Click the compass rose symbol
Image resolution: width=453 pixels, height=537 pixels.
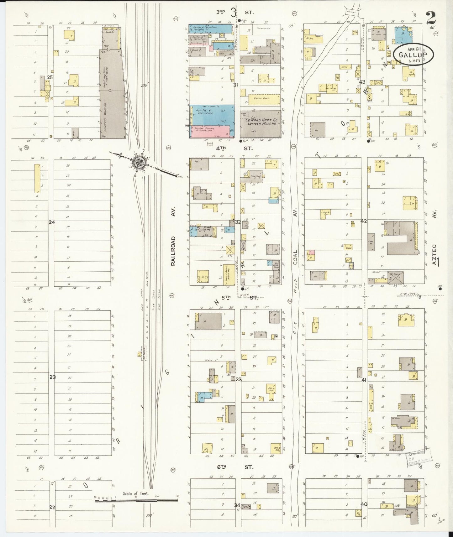(x=139, y=162)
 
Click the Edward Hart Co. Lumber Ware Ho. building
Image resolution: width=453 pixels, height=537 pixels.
(x=260, y=124)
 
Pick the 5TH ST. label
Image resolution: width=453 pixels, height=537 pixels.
(x=239, y=298)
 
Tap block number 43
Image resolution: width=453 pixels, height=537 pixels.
(x=362, y=82)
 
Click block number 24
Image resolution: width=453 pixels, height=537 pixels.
(x=52, y=222)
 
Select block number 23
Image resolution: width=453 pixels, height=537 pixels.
(x=52, y=377)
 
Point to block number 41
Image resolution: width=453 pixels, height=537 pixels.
(x=364, y=380)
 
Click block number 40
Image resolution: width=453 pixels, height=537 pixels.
(x=364, y=504)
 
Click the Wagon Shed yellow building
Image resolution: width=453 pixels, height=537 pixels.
(x=264, y=99)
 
